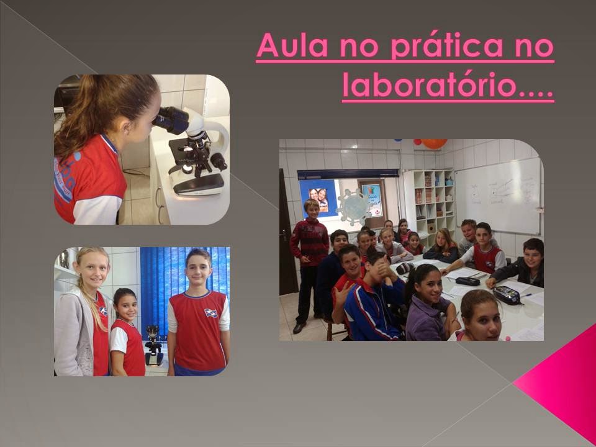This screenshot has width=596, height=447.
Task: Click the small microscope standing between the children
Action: (x=153, y=345)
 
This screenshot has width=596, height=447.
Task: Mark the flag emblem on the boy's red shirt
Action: (x=212, y=313)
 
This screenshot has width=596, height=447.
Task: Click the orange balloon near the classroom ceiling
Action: (x=434, y=143)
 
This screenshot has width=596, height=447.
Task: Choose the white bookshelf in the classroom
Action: (x=428, y=199)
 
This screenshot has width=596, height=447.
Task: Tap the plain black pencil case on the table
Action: (x=467, y=281)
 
